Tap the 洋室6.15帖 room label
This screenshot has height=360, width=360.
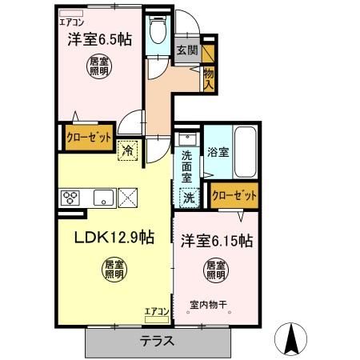(217, 239)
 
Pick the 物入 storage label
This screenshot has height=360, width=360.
(208, 77)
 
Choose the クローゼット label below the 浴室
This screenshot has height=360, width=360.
(235, 194)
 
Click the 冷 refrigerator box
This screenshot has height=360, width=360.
(128, 150)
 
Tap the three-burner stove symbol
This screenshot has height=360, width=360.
(69, 197)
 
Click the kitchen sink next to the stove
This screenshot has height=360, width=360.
(102, 197)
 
